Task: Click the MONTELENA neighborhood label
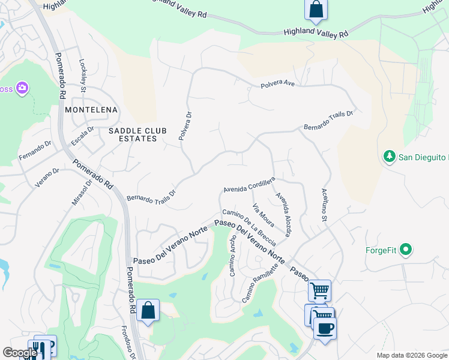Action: coord(91,110)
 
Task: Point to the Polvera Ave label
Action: coord(277,85)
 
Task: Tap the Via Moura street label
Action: coord(264,215)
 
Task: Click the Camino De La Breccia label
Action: coord(249,227)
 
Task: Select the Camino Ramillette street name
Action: coord(261,284)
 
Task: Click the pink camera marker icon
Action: coord(22,89)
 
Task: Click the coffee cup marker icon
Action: coord(325,328)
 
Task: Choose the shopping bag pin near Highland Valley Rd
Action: coord(316,9)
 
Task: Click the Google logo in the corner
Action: coord(20,353)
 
